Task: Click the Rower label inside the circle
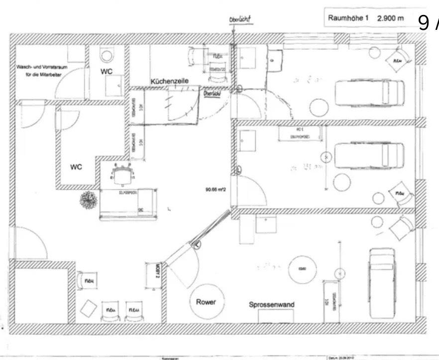206,302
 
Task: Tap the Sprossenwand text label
272,305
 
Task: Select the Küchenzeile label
170,81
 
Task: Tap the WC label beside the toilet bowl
107,71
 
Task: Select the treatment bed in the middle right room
369,154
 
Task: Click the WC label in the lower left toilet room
76,166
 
